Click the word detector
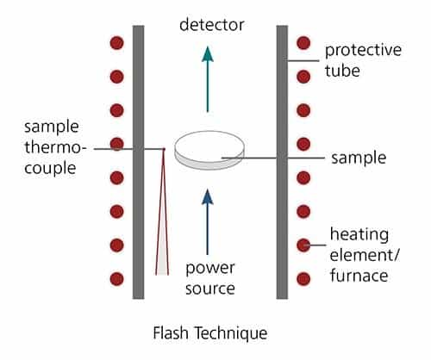(x=212, y=25)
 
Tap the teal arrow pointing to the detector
(x=208, y=79)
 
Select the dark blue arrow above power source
(x=208, y=222)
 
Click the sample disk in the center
(x=209, y=150)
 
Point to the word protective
(x=363, y=51)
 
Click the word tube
(x=342, y=71)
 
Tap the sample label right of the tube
(x=359, y=158)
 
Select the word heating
(x=359, y=235)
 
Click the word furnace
(x=359, y=276)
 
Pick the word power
(x=210, y=269)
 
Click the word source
(x=210, y=289)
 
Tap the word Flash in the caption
(x=171, y=333)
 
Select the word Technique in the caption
(x=231, y=333)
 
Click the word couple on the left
(x=50, y=168)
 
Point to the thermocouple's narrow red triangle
(x=162, y=212)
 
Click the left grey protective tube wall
(x=138, y=162)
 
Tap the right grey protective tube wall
(x=282, y=162)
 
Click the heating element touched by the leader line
(x=303, y=245)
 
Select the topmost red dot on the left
(x=116, y=43)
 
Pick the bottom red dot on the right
(x=303, y=279)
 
